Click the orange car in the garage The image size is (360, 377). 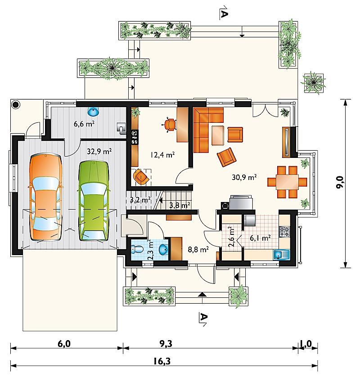[x=46, y=197]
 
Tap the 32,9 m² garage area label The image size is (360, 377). [x=99, y=152]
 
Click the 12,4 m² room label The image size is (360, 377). [x=162, y=155]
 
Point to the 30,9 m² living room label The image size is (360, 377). [x=244, y=177]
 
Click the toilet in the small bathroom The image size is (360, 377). [x=137, y=249]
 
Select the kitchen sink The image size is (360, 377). [x=281, y=254]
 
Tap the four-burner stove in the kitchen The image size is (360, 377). [x=284, y=231]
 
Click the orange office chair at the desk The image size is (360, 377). [x=170, y=125]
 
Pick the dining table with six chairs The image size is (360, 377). [x=287, y=182]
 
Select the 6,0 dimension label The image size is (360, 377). [x=64, y=344]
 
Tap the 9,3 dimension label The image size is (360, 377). [x=166, y=344]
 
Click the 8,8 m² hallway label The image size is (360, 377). [x=198, y=250]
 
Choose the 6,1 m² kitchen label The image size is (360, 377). [x=260, y=238]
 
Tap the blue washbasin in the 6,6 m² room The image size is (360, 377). [x=93, y=111]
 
